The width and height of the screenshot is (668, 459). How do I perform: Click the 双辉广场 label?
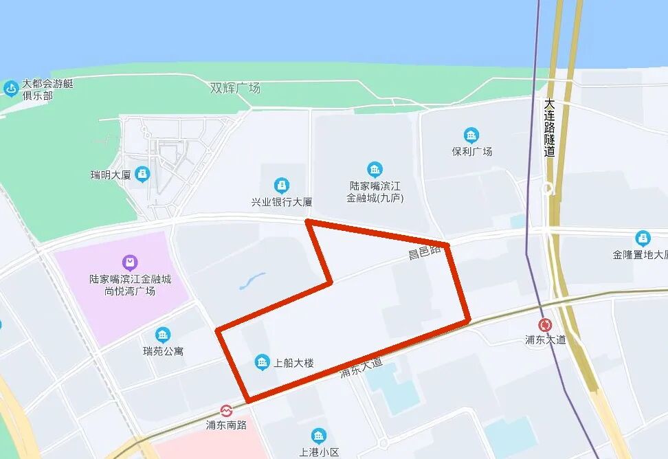pos(235,88)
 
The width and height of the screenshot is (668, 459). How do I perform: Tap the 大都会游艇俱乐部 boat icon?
pos(11,89)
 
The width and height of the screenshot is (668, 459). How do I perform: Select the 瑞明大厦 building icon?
pos(142,174)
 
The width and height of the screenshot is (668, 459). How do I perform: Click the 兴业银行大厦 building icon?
pos(281,186)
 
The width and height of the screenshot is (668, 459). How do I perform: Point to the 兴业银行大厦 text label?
pos(281,202)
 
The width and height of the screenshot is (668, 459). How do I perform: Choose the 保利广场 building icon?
pos(471,135)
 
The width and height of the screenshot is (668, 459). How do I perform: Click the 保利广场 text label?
pos(471,151)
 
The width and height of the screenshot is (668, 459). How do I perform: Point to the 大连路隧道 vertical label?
pos(549,128)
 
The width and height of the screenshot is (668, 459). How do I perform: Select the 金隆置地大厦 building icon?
pos(643,238)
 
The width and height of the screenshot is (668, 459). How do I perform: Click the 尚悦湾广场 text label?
pos(131,291)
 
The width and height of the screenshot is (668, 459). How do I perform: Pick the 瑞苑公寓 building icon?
pos(163,335)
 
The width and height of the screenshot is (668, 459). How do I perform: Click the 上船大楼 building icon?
pos(261,362)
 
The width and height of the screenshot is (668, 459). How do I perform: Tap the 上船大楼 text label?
pos(293,363)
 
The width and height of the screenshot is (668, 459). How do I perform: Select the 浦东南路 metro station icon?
pos(226,411)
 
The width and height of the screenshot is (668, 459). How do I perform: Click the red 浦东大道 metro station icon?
pos(546,325)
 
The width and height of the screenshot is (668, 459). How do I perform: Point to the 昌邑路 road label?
pos(424,253)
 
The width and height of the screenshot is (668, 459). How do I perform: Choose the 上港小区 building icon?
pos(318,436)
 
